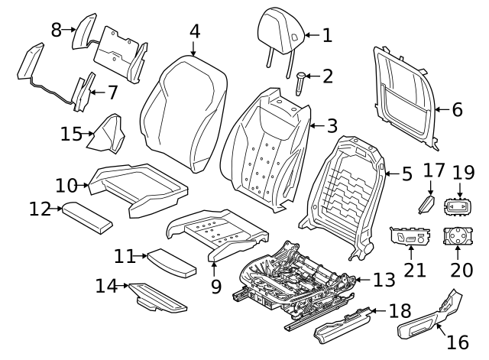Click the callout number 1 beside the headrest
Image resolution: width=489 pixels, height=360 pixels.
pos(327,35)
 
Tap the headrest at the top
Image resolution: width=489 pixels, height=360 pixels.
pos(283,28)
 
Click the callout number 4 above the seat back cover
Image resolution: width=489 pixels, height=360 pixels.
pos(195,31)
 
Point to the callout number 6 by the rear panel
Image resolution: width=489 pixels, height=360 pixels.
pos(457,109)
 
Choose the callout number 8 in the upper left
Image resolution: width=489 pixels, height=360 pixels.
pos(57,30)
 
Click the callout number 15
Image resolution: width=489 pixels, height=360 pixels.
pos(71,135)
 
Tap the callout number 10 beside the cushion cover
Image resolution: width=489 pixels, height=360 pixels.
pos(66,184)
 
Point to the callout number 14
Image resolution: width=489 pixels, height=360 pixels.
pos(107,287)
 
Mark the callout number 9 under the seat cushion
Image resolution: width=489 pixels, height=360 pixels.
pos(216,287)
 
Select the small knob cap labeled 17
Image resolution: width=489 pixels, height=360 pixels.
pos(427,206)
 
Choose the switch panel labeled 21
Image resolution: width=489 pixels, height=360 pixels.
pos(411,238)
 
